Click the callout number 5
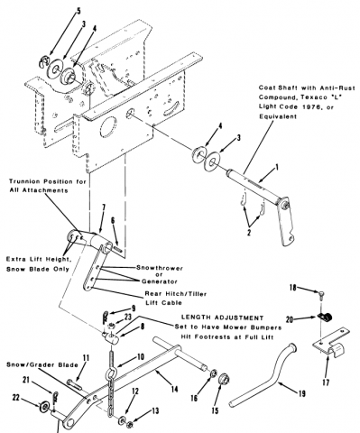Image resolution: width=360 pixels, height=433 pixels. (78, 12)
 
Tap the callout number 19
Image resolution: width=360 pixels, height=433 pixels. (302, 393)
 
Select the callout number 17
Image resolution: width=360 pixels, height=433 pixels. (326, 382)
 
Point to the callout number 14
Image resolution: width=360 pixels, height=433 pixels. (174, 389)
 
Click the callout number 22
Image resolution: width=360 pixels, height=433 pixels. (15, 398)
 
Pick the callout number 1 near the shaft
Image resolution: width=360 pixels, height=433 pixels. (277, 167)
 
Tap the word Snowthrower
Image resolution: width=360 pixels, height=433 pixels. (160, 268)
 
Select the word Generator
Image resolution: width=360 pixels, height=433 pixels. (159, 281)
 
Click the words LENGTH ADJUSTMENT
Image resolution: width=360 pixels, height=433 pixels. (222, 318)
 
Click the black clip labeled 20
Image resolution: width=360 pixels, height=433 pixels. (324, 317)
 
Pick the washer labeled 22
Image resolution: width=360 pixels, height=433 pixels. (44, 407)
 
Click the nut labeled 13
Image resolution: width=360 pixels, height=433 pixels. (130, 425)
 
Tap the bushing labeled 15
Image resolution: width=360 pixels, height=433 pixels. (224, 381)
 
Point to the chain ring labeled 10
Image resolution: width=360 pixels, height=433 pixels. (109, 376)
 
